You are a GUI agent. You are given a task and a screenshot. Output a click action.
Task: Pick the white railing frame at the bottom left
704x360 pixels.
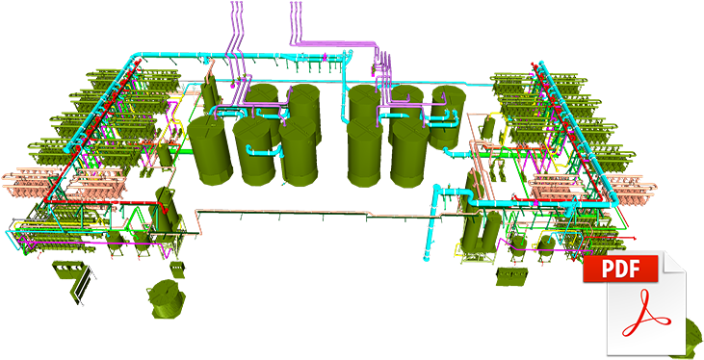(85, 283)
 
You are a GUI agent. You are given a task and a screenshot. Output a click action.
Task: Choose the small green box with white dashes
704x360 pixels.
(69, 263)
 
